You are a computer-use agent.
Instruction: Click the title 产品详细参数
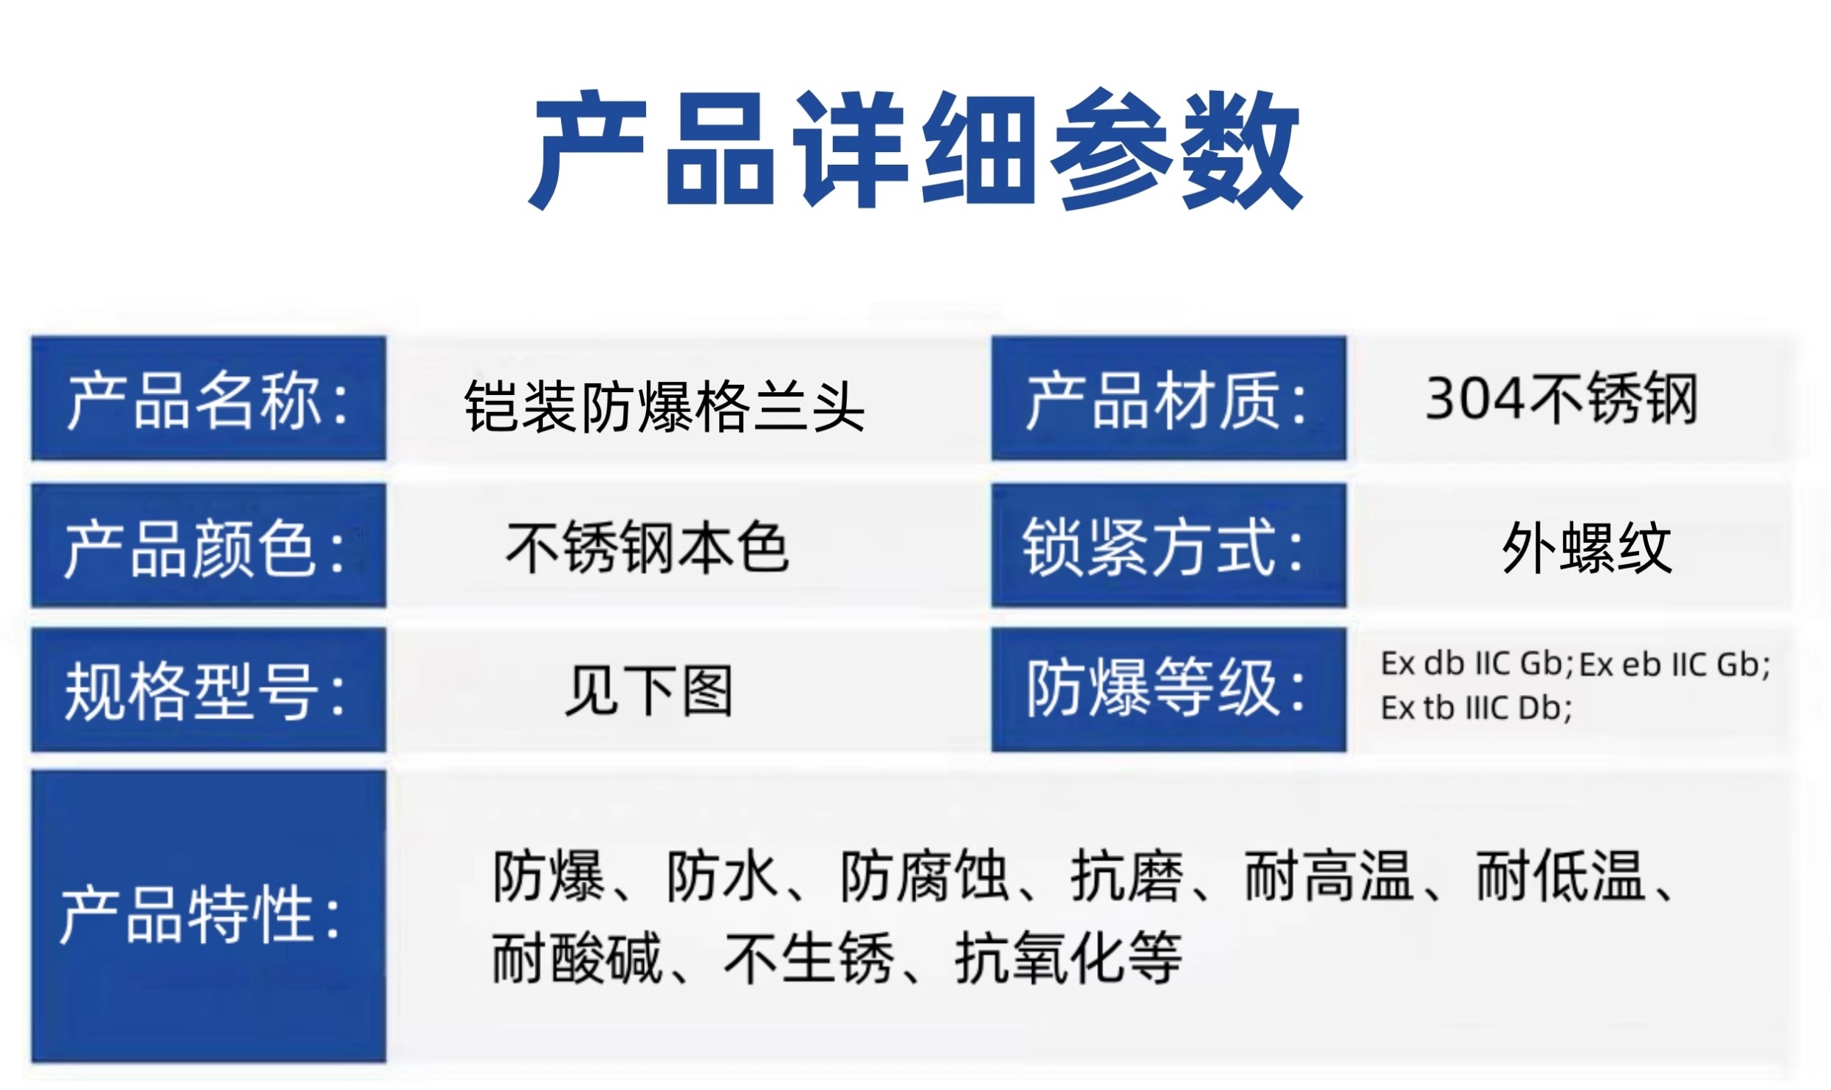[915, 149]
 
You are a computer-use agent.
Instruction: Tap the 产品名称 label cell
[208, 398]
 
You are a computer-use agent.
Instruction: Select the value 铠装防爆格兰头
[664, 405]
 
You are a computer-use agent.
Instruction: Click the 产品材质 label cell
[1169, 398]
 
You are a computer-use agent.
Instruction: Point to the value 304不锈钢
[1562, 399]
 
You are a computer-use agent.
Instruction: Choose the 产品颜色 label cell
[208, 546]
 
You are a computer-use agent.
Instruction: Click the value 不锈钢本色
[647, 547]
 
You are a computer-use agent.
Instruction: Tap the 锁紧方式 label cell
[1169, 546]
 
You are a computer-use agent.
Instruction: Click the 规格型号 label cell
[208, 690]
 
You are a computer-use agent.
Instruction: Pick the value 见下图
[648, 691]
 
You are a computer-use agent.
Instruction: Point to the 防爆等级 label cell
[1169, 690]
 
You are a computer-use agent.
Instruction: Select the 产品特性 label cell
[208, 916]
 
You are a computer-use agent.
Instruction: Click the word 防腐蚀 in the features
[925, 877]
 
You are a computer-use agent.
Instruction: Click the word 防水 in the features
[723, 877]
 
